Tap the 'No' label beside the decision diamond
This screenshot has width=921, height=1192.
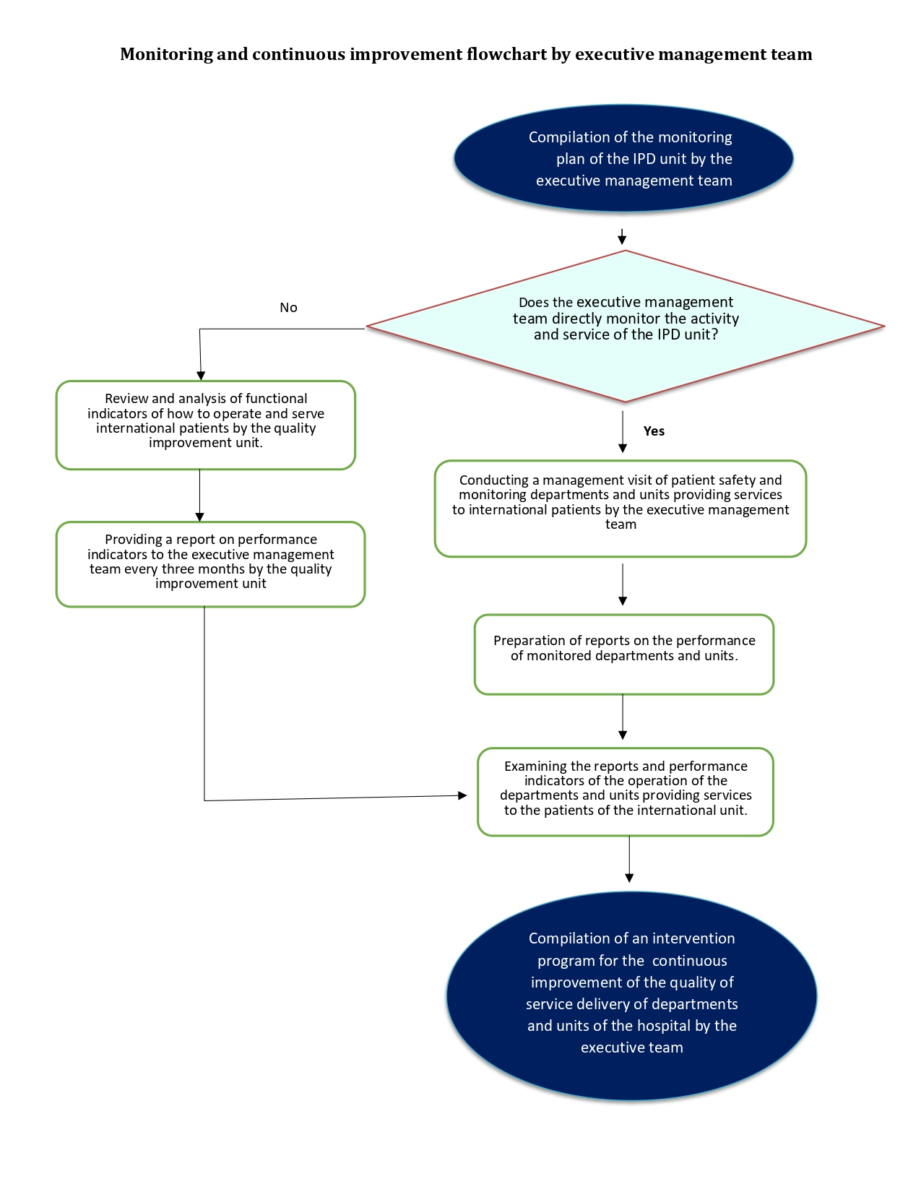click(288, 307)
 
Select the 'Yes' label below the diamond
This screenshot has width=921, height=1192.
click(654, 431)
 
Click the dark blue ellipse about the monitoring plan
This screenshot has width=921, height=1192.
click(623, 158)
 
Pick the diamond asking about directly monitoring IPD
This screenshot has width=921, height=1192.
click(626, 327)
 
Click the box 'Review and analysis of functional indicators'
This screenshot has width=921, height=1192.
click(206, 425)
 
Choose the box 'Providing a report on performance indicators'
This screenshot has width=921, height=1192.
click(211, 564)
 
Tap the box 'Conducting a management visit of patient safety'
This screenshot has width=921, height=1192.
click(621, 509)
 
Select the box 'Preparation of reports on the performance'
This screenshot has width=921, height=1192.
click(624, 655)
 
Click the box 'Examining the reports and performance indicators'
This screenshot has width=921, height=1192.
click(626, 792)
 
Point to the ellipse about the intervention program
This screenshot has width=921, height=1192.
click(631, 996)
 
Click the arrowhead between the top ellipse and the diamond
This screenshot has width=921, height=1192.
click(622, 240)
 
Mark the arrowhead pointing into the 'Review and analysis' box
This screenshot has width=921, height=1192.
click(201, 376)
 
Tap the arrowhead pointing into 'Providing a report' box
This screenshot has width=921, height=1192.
click(199, 517)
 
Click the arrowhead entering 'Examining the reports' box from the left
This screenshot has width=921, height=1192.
click(462, 795)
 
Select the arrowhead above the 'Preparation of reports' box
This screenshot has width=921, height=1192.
click(623, 600)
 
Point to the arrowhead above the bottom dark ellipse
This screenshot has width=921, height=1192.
click(629, 878)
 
